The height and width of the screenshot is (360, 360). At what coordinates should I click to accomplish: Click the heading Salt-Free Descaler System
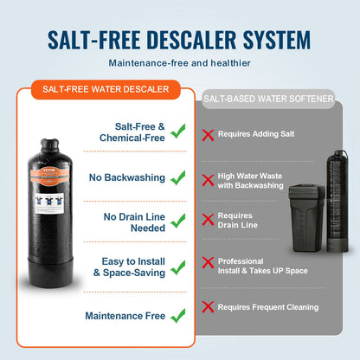[x=180, y=40]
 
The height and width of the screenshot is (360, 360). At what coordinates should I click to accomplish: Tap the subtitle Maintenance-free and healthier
[x=180, y=63]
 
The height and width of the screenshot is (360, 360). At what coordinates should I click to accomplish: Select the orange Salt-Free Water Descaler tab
[x=106, y=88]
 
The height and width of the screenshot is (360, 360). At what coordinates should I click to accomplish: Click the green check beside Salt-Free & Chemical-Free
[x=178, y=132]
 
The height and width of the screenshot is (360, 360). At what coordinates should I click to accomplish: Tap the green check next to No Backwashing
[x=178, y=177]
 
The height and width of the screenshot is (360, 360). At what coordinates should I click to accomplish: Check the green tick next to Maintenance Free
[x=178, y=316]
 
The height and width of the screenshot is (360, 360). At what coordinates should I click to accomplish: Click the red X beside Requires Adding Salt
[x=208, y=134]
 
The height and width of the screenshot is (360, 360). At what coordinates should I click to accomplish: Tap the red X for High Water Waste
[x=208, y=180]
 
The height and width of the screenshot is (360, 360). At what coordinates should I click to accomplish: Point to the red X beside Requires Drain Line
[x=208, y=219]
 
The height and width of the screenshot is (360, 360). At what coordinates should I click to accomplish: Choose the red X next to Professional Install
[x=208, y=261]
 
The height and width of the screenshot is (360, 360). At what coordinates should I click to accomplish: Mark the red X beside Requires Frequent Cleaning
[x=208, y=306]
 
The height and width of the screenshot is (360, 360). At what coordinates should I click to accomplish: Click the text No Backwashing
[x=126, y=177]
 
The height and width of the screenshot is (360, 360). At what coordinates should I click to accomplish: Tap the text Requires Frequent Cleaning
[x=267, y=307]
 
